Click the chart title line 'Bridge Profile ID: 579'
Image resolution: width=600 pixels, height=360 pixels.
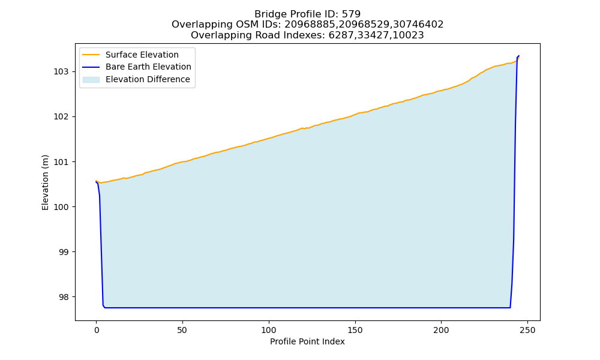(x=307, y=14)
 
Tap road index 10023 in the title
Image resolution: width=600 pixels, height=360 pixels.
(x=410, y=35)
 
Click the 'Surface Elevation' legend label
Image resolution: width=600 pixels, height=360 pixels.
(x=142, y=55)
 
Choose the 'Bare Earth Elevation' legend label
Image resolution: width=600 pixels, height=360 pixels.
(x=148, y=67)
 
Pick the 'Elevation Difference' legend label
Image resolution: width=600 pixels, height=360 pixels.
(x=148, y=79)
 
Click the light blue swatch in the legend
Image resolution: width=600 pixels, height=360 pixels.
(x=91, y=79)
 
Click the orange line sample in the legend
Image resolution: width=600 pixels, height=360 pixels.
(x=91, y=55)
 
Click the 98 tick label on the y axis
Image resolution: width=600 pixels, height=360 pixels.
(x=64, y=297)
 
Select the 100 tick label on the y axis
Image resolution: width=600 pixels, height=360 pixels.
(x=61, y=207)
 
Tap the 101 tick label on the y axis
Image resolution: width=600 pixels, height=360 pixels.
(x=61, y=162)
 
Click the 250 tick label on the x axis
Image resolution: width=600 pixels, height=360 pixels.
(x=527, y=330)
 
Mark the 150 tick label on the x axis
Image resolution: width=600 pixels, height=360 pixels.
(x=355, y=330)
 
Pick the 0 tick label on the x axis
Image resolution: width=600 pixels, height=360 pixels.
(x=97, y=330)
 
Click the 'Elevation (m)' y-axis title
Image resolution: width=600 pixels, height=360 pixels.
(x=45, y=182)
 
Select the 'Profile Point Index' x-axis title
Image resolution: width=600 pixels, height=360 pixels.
(x=307, y=341)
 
